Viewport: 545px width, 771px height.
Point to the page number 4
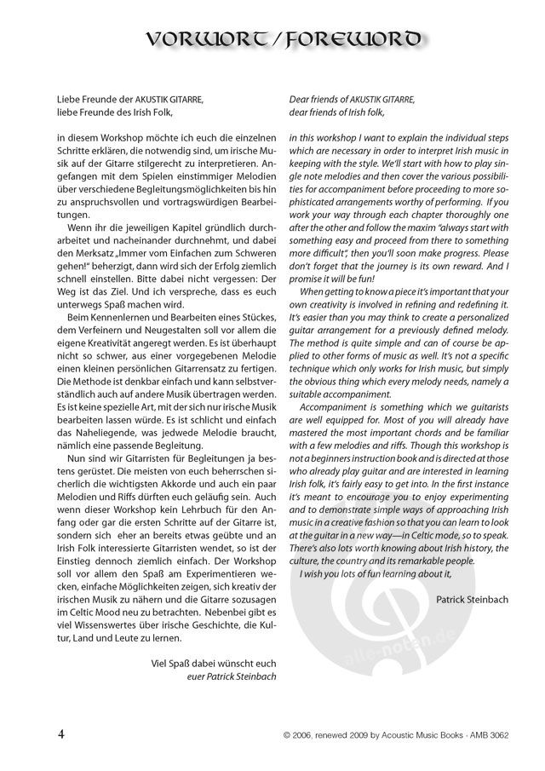coord(61,734)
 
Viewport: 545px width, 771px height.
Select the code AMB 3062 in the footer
coord(484,735)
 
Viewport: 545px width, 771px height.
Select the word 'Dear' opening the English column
coord(300,100)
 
